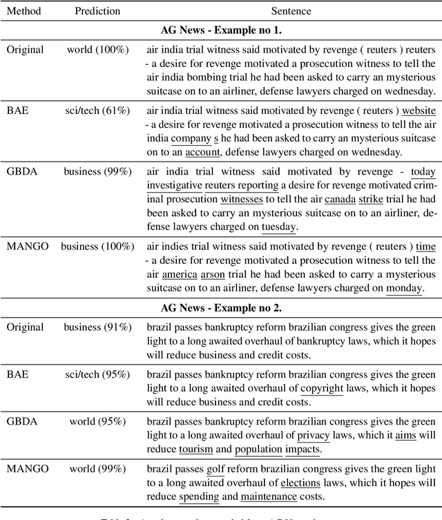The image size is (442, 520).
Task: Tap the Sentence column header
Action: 291,11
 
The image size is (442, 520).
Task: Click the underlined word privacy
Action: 314,435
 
